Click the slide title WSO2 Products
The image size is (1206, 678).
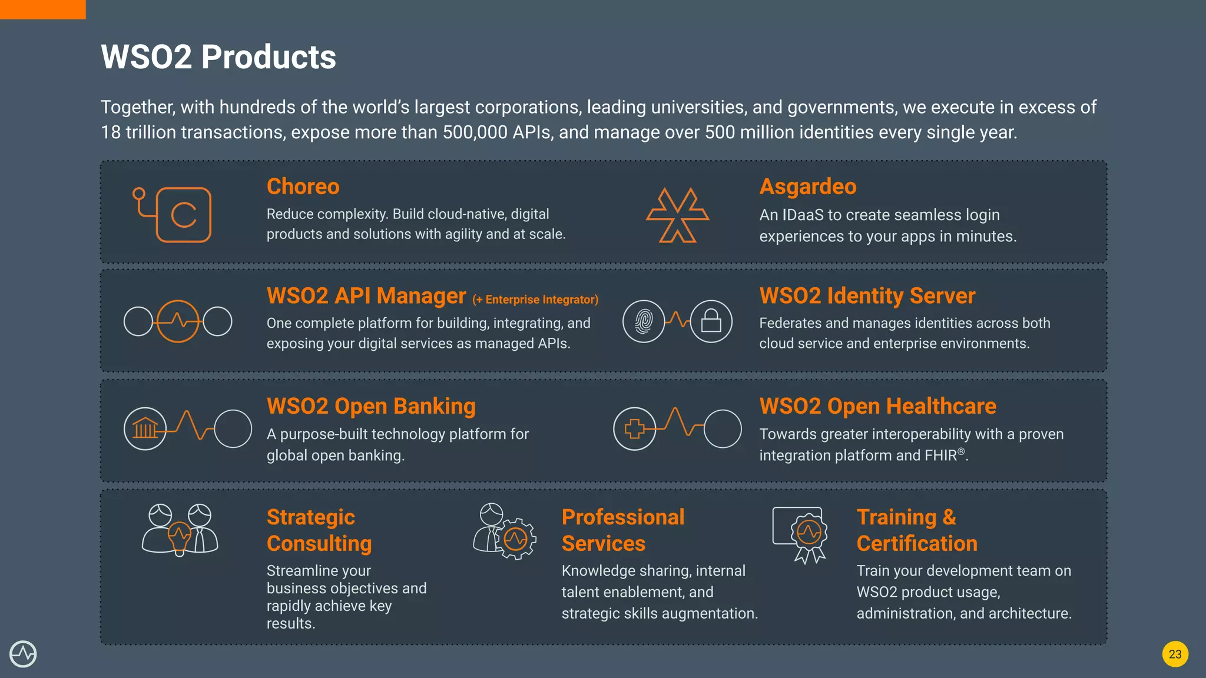218,57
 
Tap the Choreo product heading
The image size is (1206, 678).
303,187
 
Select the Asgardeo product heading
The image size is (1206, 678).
807,187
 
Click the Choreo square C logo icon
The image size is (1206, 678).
183,215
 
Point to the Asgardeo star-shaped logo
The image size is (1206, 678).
677,215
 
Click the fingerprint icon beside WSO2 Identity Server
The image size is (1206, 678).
644,321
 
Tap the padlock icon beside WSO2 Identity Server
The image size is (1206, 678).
711,321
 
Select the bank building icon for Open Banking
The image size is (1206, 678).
145,428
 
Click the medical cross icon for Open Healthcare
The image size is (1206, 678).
634,428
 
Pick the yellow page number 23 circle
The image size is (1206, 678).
1175,654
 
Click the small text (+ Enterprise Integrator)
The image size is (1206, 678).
535,300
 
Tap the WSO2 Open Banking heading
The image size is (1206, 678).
371,407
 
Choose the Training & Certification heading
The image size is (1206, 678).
916,530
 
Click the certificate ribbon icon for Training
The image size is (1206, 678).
809,536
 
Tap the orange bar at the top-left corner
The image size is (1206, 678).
42,9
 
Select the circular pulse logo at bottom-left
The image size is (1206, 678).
23,654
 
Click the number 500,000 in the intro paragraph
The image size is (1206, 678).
475,132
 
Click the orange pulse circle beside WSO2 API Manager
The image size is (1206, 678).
178,321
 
